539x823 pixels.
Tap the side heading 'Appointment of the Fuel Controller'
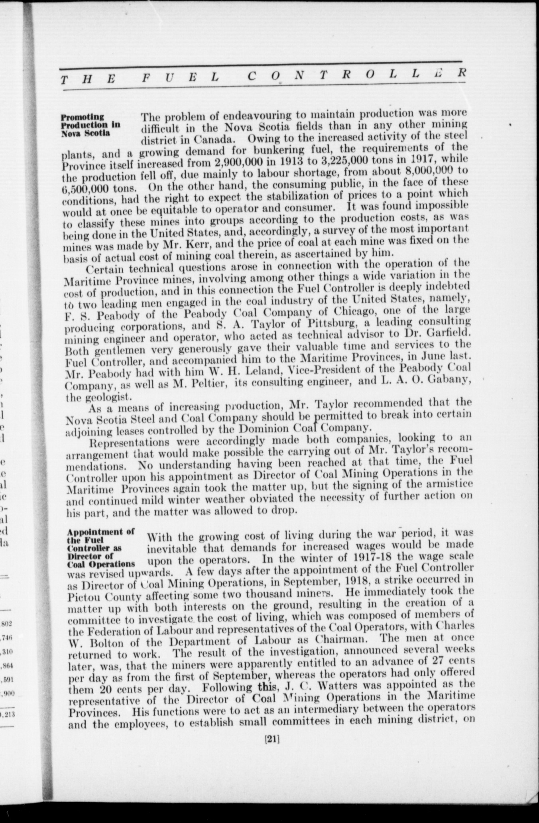[x=100, y=548]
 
